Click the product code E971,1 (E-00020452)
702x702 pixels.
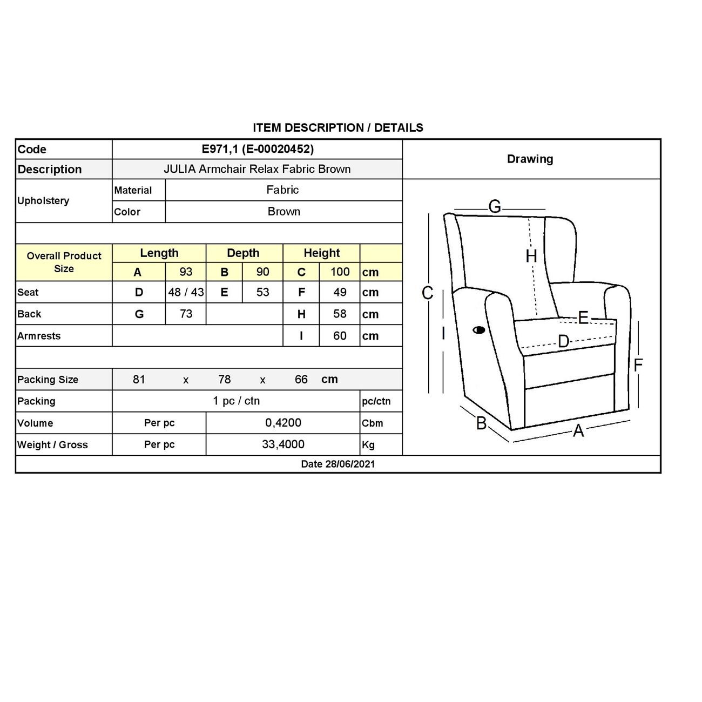[258, 149]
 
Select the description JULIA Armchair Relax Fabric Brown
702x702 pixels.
[257, 169]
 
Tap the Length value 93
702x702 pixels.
[186, 272]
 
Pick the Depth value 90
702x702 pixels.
[262, 272]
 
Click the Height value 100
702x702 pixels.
[340, 272]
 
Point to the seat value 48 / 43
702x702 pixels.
[186, 292]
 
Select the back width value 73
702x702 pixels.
[186, 314]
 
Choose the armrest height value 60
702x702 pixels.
[340, 335]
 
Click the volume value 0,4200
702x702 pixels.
[283, 423]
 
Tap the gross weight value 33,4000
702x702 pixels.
[283, 444]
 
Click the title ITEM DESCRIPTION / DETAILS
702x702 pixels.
[338, 128]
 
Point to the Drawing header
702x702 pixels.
[530, 159]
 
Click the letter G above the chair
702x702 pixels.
[495, 207]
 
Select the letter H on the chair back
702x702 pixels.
[531, 256]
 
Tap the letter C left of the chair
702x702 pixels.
[427, 293]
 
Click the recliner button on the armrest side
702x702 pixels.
[479, 329]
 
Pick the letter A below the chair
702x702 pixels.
[578, 430]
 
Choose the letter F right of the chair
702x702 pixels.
[638, 366]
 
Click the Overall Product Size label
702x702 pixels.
[64, 262]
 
